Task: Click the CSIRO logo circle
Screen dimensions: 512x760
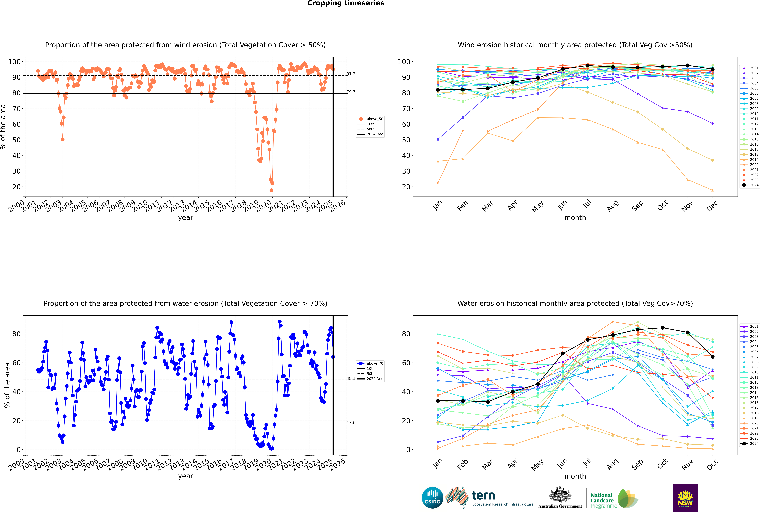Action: click(x=432, y=498)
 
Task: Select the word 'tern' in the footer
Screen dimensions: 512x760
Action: click(x=483, y=496)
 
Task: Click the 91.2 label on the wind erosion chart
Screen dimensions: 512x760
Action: click(x=351, y=74)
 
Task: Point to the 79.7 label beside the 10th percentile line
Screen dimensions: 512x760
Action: click(x=351, y=92)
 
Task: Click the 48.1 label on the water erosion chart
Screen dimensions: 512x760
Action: click(x=351, y=378)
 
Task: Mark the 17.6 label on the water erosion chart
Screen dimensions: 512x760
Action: click(x=351, y=423)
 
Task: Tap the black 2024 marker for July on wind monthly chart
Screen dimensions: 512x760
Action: click(x=587, y=66)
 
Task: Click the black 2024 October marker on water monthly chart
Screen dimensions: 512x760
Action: click(x=663, y=328)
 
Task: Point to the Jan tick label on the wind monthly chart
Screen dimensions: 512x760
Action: click(x=437, y=205)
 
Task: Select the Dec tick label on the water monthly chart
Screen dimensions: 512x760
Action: click(x=712, y=464)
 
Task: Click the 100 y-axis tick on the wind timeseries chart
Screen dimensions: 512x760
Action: click(x=14, y=62)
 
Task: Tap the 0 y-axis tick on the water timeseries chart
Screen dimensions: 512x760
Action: click(x=19, y=450)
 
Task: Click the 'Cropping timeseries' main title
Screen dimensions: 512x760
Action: click(x=346, y=3)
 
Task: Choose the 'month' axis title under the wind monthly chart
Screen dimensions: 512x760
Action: click(x=575, y=218)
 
